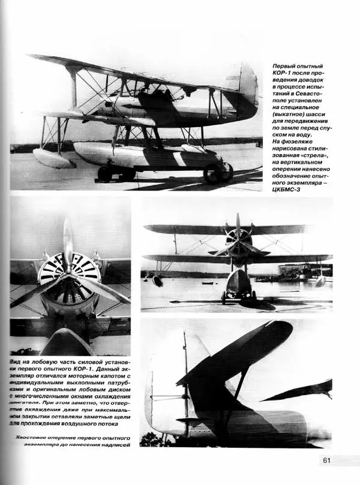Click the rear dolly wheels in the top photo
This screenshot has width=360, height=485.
click(x=217, y=173)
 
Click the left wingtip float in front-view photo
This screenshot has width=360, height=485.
click(x=158, y=281)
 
